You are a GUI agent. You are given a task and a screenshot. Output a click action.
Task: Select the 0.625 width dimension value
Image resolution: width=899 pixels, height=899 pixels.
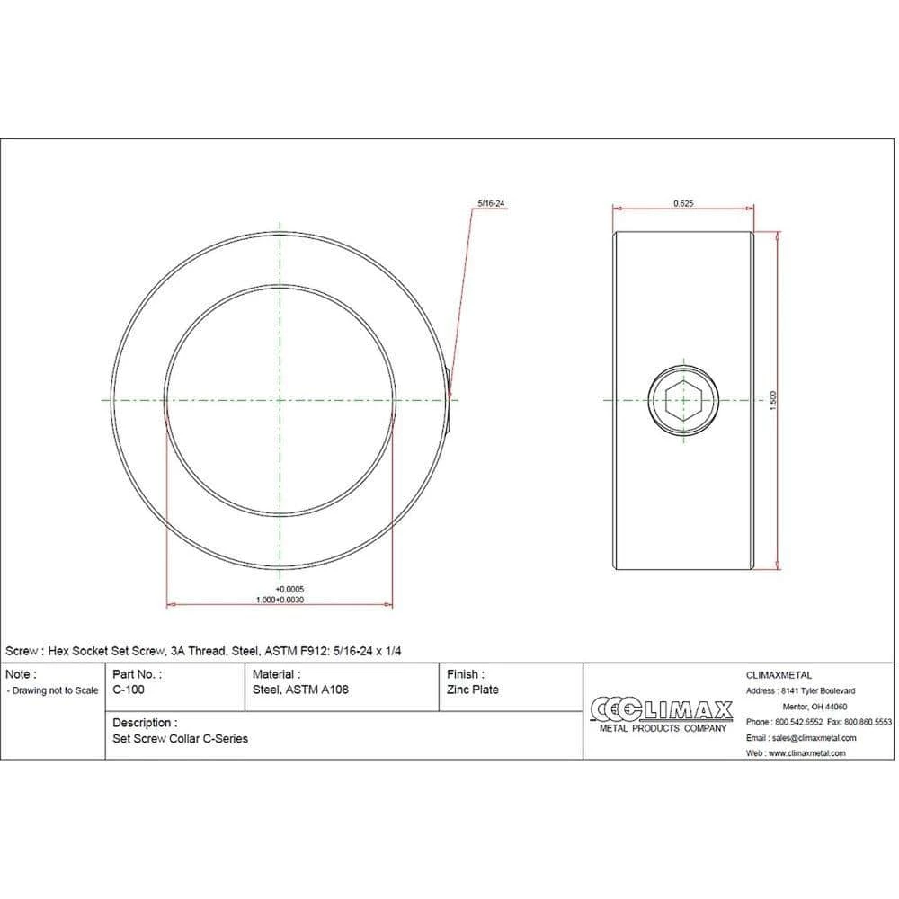(683, 203)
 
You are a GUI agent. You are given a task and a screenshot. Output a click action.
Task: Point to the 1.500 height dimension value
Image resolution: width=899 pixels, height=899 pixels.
(771, 401)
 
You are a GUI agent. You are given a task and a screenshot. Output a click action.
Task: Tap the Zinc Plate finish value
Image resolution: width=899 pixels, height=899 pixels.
(472, 690)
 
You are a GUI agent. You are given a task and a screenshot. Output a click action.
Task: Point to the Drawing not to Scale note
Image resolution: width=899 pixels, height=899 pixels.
(52, 690)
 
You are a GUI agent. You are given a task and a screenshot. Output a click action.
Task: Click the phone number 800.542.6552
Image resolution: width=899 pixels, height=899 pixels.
(797, 722)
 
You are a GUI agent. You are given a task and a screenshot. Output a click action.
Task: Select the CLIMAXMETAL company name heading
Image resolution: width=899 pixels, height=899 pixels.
(779, 674)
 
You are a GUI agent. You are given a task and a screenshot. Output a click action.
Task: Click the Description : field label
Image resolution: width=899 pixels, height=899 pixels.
(145, 723)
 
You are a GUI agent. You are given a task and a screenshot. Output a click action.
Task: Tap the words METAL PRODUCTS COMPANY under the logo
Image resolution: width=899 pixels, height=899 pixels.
(662, 728)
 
